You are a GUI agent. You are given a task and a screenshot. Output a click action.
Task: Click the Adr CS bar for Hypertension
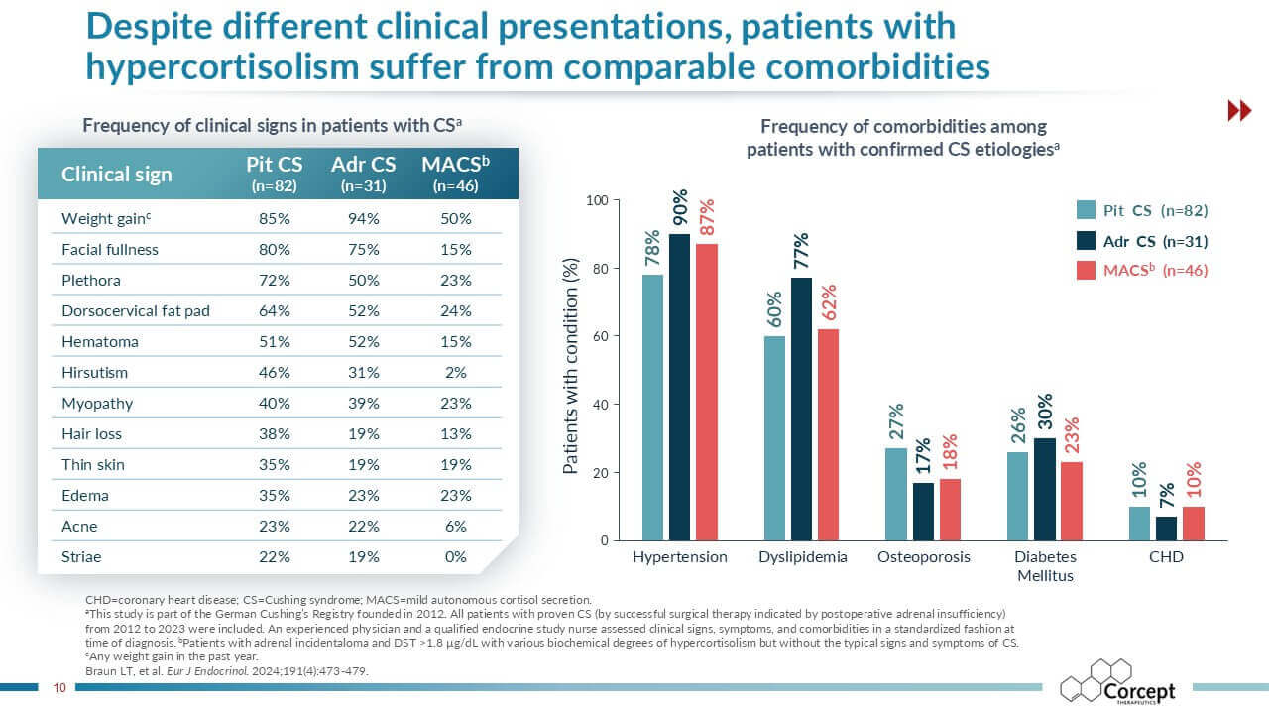point(679,387)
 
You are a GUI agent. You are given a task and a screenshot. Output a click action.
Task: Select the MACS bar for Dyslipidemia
point(827,434)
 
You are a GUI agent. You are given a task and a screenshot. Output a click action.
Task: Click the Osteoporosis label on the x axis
point(924,557)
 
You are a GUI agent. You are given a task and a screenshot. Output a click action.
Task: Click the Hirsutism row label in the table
point(94,373)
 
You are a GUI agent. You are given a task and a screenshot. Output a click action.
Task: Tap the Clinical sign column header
point(117,175)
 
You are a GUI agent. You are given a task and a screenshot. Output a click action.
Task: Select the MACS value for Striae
point(455,557)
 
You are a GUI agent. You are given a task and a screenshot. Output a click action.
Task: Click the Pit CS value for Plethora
point(274,281)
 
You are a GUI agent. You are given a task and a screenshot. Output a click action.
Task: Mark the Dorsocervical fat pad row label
point(136,311)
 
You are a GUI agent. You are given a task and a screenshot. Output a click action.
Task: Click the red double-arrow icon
point(1239,111)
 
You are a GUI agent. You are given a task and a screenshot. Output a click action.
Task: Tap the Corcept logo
point(1117,682)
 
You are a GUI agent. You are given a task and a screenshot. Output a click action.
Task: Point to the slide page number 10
point(58,687)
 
